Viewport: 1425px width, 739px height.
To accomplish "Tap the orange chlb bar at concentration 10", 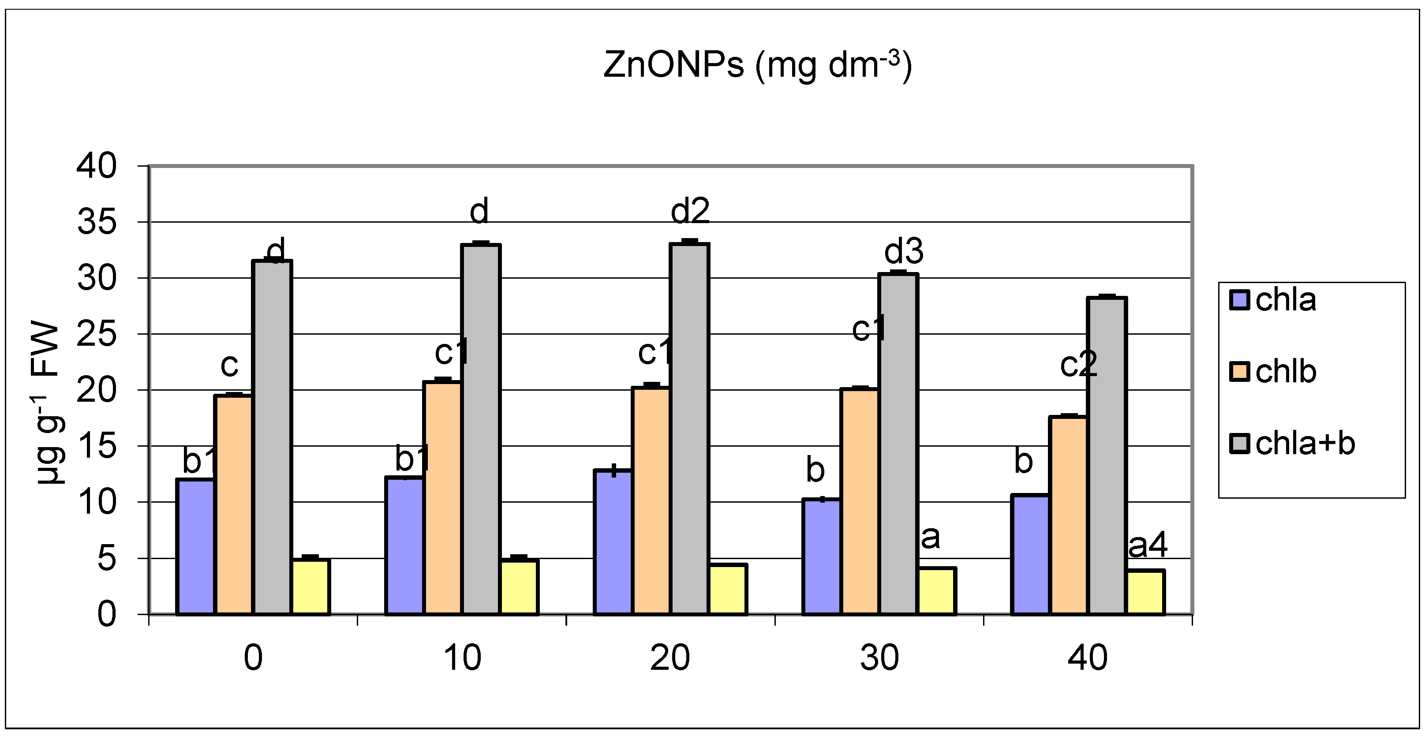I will click(442, 498).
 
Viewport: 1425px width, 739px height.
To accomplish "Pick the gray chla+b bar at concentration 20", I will click(689, 429).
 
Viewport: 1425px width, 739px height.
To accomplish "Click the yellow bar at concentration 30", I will click(937, 591).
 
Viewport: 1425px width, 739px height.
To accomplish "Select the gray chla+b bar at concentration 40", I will click(1107, 456).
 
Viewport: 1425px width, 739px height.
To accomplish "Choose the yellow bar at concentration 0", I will click(311, 587).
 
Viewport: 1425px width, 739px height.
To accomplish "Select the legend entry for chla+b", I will click(1292, 443).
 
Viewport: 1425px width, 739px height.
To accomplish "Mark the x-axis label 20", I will click(670, 658).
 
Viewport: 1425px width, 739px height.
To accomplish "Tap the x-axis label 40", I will click(1088, 658).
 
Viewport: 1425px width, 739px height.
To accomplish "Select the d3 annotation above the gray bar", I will click(903, 252).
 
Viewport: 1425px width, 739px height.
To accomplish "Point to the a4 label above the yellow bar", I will click(1147, 546).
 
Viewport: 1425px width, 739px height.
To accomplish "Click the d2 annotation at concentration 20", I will click(690, 211).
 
